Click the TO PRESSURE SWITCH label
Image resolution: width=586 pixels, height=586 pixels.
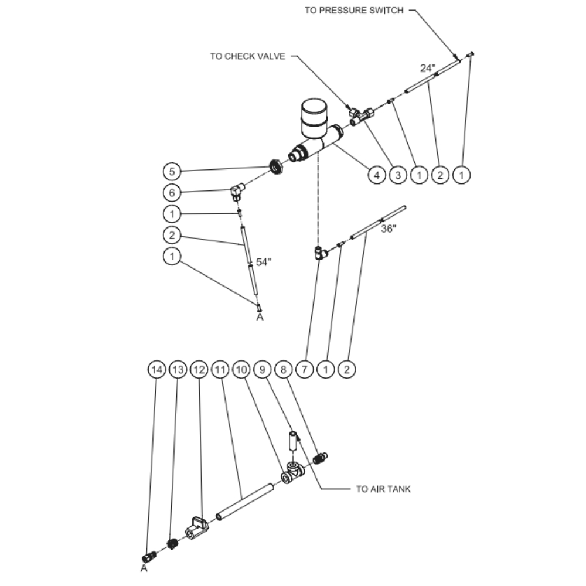click(354, 11)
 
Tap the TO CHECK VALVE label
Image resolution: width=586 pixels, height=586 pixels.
click(247, 56)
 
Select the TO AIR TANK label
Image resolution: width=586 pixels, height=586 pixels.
click(383, 489)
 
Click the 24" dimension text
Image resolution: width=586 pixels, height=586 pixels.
click(428, 69)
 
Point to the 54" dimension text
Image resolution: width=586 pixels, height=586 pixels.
click(264, 262)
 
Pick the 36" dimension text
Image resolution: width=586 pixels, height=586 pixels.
click(389, 229)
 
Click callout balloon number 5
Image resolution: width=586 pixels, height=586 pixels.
click(172, 172)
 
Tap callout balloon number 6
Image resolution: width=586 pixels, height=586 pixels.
click(172, 193)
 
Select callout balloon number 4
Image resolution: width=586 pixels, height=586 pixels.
click(377, 175)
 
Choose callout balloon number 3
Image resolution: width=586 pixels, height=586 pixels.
click(398, 175)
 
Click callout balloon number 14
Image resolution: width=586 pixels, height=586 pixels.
click(157, 370)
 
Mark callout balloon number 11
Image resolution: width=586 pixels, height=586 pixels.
click(220, 370)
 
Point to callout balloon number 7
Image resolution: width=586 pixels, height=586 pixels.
click(305, 370)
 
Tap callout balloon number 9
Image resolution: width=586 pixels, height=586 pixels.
click(263, 370)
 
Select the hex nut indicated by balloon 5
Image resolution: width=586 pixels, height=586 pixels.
click(276, 166)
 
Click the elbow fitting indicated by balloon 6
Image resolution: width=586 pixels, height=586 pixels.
click(237, 191)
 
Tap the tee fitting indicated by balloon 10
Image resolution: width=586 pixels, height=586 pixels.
click(292, 472)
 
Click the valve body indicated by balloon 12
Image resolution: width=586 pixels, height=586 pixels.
click(197, 528)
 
